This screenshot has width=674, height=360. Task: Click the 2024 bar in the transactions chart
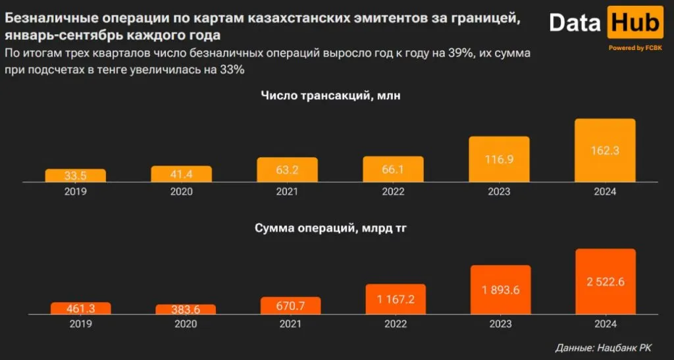click(605, 150)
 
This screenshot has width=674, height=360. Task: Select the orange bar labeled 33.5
click(76, 176)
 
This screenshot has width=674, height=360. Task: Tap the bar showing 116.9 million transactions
click(499, 159)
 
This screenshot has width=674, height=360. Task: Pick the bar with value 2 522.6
click(605, 282)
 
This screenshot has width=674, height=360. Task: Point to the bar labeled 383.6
click(181, 309)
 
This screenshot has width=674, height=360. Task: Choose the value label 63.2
click(287, 170)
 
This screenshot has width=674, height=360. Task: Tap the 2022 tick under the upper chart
click(393, 192)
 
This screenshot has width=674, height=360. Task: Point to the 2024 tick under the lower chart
click(605, 324)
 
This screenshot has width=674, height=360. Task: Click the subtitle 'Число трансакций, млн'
click(330, 96)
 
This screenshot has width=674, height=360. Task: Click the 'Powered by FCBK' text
click(635, 48)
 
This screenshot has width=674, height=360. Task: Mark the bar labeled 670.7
click(290, 305)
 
